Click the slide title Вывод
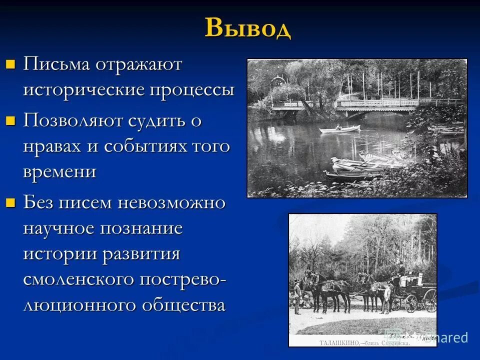(248, 27)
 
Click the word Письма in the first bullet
(56, 64)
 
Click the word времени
(59, 171)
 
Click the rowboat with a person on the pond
(339, 129)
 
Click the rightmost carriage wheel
(430, 300)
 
